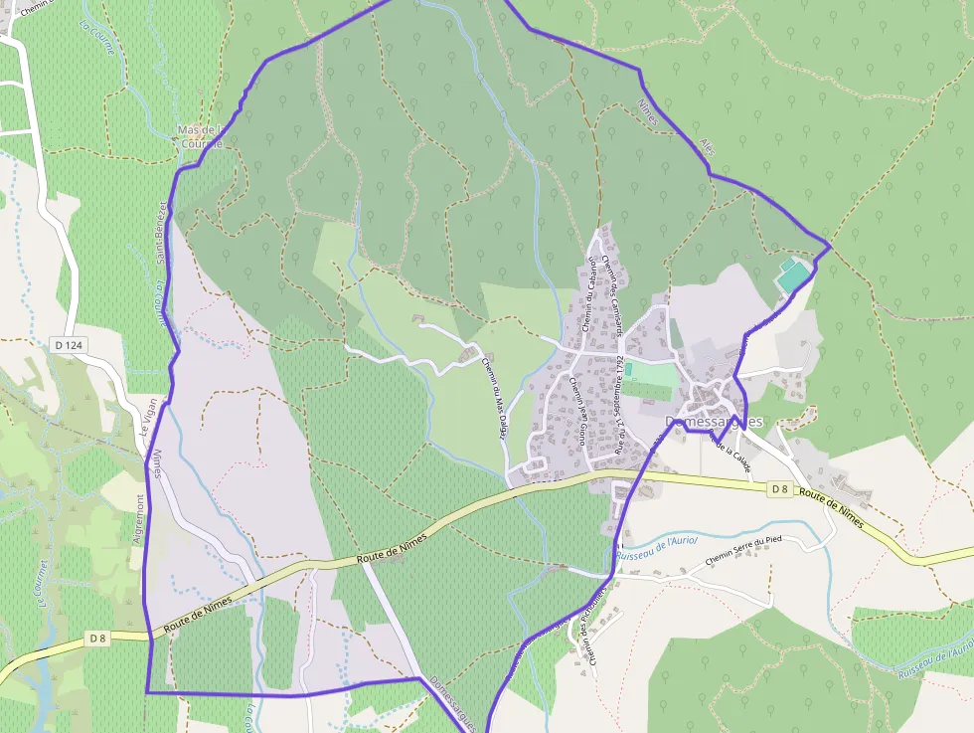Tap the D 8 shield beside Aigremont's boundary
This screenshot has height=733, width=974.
97,638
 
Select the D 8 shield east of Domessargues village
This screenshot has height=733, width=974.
780,488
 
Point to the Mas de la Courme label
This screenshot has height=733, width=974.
197,136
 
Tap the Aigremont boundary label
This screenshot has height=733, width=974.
138,518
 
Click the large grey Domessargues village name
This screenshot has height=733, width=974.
714,422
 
